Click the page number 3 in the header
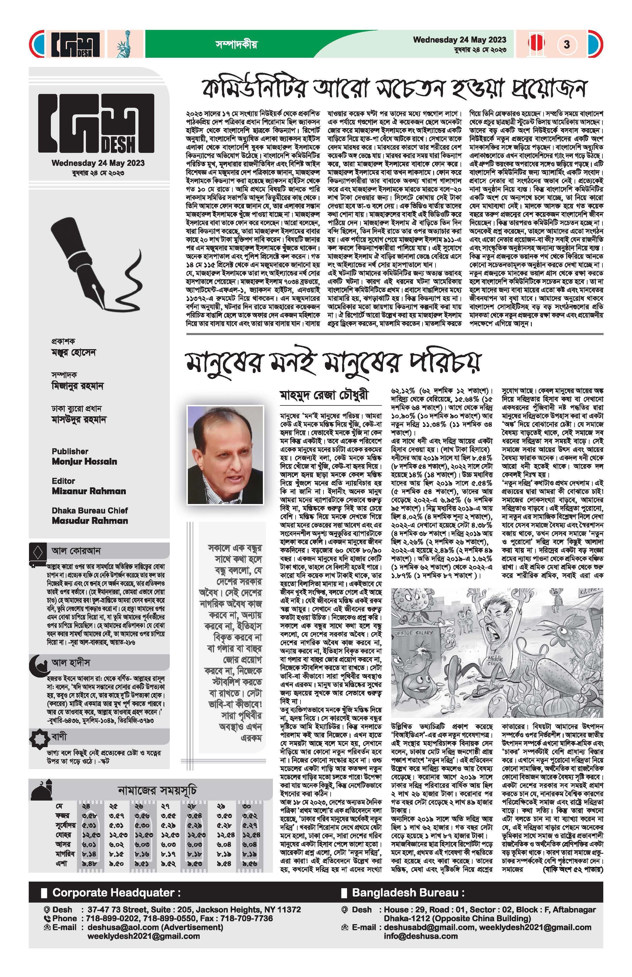click(567, 44)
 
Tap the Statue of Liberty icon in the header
click(122, 44)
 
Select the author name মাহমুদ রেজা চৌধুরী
click(324, 395)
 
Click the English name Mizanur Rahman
click(89, 491)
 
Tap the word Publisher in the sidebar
click(70, 451)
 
